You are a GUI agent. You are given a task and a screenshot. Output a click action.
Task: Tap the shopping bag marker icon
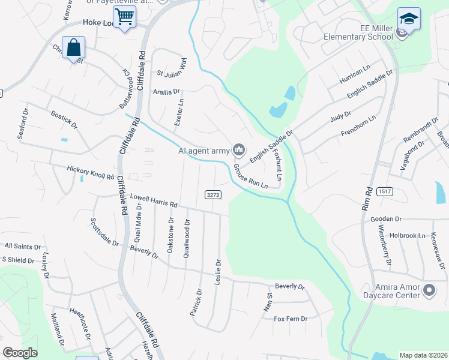73,47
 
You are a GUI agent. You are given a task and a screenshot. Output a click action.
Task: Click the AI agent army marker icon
239,148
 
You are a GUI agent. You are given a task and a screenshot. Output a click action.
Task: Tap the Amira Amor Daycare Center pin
429,291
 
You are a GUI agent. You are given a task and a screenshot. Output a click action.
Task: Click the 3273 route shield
213,194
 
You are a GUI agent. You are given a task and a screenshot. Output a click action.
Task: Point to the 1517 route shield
385,191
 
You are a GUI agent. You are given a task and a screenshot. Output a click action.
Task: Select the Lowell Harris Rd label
154,200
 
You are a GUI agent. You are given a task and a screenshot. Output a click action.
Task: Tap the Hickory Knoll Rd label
91,173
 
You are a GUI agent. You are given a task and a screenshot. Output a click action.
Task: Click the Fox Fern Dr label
290,319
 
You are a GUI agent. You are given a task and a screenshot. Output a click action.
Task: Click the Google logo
20,353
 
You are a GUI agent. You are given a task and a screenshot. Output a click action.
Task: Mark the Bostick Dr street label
64,119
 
